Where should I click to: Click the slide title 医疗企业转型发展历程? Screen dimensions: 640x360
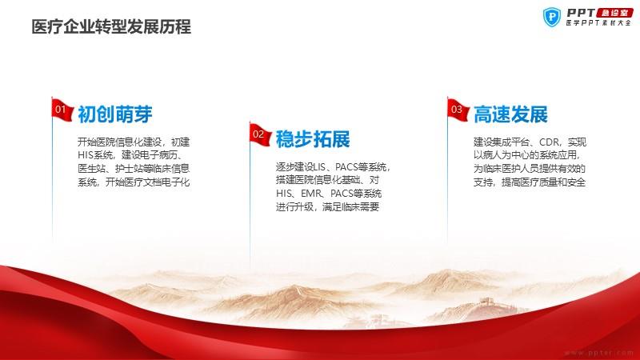coord(111,27)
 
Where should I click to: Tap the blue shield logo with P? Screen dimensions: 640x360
coord(552,17)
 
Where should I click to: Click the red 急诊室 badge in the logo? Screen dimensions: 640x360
coord(614,13)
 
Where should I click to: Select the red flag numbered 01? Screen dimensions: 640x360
coord(62,110)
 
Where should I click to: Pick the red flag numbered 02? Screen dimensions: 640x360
coord(260,134)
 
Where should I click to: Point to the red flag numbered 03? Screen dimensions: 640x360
coord(458,110)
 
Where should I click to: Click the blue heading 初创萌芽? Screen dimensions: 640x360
coord(115,114)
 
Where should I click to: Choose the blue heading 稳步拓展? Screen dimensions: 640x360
coord(313,139)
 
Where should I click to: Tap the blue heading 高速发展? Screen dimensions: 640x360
coord(510,114)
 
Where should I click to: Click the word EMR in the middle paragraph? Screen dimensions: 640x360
coord(312,194)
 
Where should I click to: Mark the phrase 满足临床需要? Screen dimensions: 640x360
coord(351,207)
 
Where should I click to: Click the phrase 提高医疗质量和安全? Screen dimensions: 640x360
coord(544,182)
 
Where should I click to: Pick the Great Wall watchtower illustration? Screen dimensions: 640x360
coord(486,302)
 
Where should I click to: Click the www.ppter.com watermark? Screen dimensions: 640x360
coord(598,352)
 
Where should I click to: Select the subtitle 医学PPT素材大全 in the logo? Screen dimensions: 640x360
coord(598,23)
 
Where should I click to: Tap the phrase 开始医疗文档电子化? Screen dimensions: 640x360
coord(148,182)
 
